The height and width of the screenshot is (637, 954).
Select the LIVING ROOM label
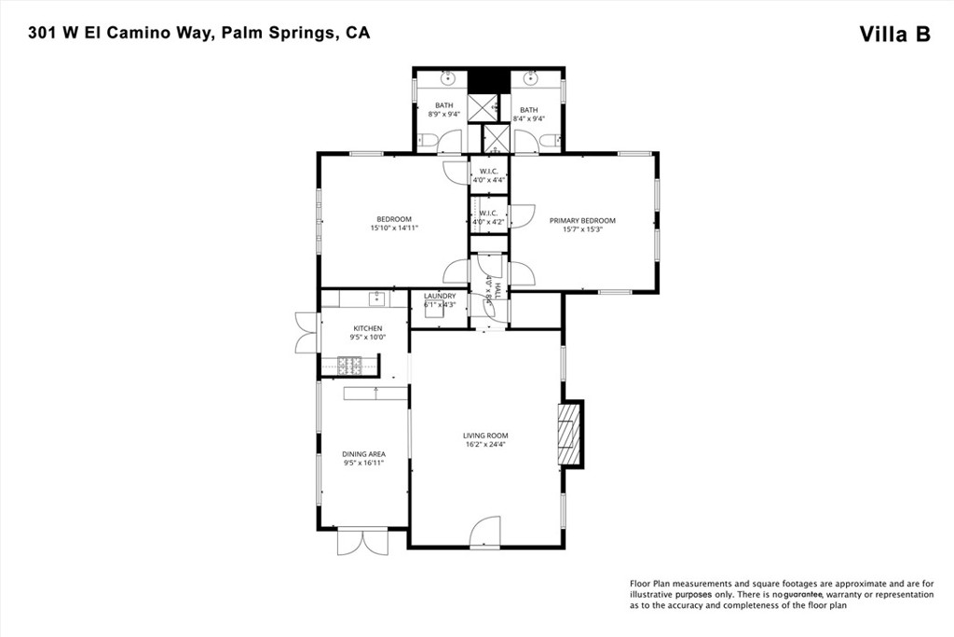pos(485,436)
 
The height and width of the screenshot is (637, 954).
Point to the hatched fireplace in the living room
pos(567,434)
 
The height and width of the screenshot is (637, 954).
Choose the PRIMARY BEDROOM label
pos(582,221)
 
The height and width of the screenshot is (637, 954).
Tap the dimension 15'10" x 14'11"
pos(394,228)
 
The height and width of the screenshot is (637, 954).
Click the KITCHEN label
pos(367,328)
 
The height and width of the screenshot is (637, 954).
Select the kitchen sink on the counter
pos(376,298)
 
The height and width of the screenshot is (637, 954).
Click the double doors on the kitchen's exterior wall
pos(306,333)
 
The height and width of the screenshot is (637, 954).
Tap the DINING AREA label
pos(363,454)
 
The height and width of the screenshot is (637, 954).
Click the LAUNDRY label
pos(440,296)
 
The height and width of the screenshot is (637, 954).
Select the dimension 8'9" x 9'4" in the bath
pos(443,115)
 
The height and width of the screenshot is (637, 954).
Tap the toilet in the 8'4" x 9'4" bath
pos(549,141)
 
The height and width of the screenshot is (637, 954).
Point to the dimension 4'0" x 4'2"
pos(489,222)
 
